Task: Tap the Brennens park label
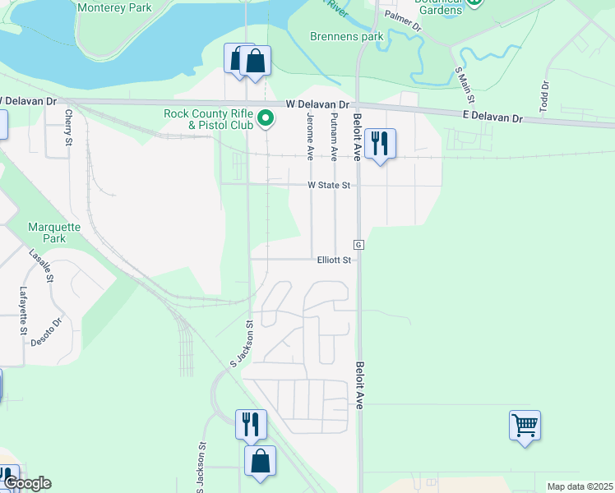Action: pos(347,36)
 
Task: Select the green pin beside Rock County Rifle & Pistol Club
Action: pos(266,120)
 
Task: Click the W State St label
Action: pos(329,186)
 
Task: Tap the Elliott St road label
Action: pos(335,260)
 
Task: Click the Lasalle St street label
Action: pos(41,265)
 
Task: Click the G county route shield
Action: pos(358,245)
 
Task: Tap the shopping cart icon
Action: pos(525,426)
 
